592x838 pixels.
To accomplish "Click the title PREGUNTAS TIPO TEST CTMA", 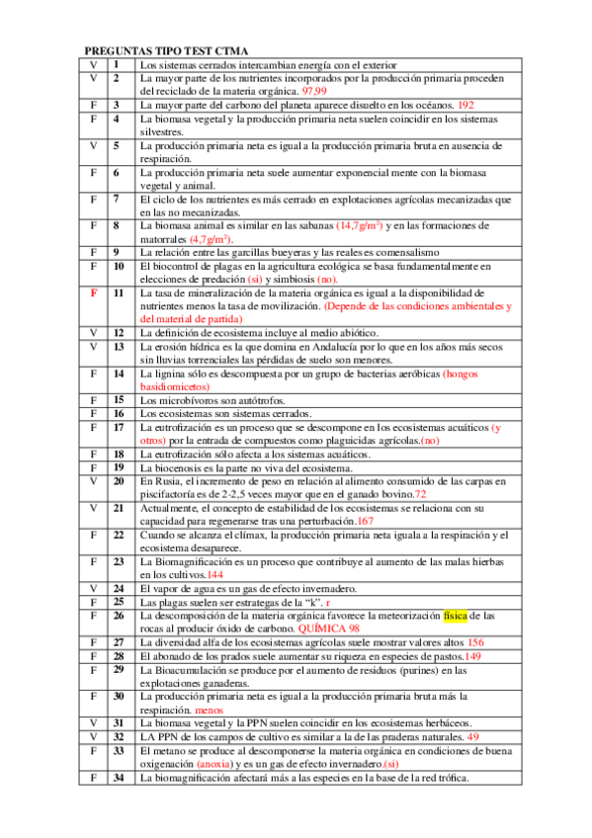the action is pyautogui.click(x=165, y=50).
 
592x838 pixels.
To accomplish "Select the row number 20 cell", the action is pyautogui.click(x=118, y=480).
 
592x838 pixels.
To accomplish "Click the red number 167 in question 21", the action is pyautogui.click(x=366, y=520).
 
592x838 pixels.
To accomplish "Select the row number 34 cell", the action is pyautogui.click(x=118, y=778).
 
